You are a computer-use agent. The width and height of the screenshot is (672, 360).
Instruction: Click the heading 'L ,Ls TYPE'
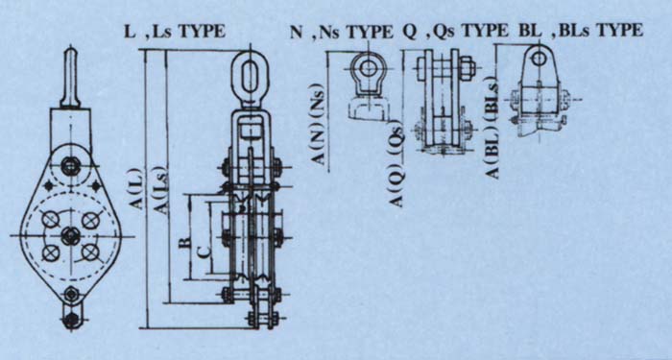click(175, 32)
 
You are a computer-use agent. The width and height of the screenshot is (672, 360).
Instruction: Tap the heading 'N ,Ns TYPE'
click(341, 32)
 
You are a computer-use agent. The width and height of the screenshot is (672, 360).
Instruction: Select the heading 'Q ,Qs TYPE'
click(456, 32)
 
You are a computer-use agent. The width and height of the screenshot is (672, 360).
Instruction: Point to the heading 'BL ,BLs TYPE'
click(581, 31)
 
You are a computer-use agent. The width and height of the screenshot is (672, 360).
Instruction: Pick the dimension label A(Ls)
click(162, 189)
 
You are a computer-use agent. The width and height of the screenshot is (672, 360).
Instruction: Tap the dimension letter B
click(184, 243)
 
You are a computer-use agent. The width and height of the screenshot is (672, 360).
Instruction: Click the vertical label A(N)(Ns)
click(319, 124)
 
